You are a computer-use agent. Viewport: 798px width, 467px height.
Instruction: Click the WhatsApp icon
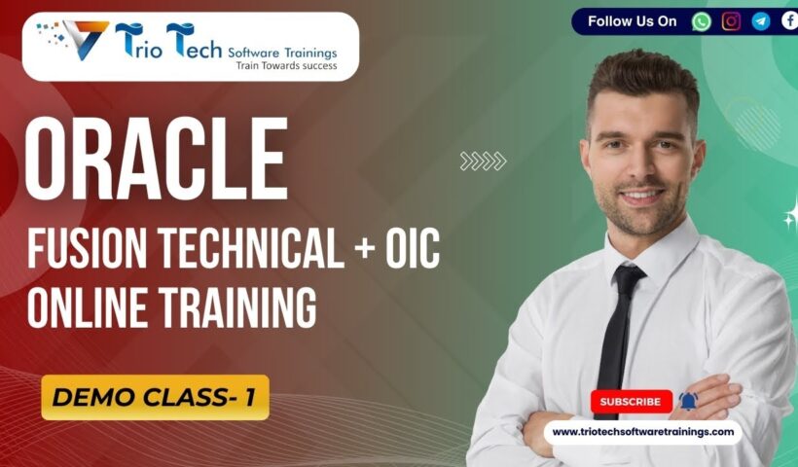pyautogui.click(x=702, y=21)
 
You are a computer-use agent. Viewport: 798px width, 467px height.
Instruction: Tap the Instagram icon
pyautogui.click(x=731, y=21)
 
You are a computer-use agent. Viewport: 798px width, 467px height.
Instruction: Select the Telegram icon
pyautogui.click(x=760, y=21)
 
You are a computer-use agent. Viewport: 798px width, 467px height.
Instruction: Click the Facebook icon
pyautogui.click(x=789, y=21)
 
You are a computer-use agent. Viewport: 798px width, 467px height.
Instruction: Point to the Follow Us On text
pyautogui.click(x=632, y=21)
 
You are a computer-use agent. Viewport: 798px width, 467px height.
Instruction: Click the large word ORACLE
pyautogui.click(x=157, y=159)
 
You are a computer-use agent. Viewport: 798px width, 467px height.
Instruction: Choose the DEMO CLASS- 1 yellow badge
pyautogui.click(x=155, y=397)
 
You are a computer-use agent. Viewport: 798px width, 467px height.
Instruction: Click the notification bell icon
pyautogui.click(x=688, y=401)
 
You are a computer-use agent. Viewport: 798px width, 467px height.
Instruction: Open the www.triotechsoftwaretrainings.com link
pyautogui.click(x=642, y=432)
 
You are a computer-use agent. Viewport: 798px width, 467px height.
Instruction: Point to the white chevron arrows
pyautogui.click(x=483, y=162)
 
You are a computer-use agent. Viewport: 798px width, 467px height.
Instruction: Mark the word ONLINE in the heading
pyautogui.click(x=83, y=306)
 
